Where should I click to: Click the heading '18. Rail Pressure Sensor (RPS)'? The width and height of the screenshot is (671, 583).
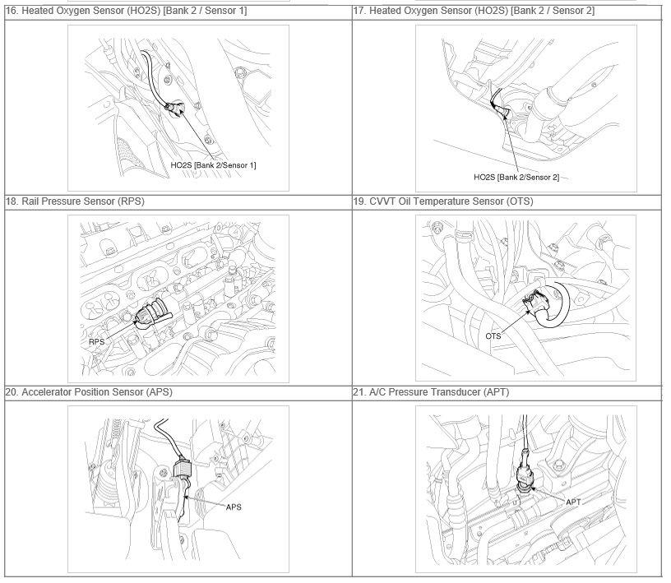coord(75,202)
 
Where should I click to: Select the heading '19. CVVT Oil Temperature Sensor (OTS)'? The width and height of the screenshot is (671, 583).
coord(443,202)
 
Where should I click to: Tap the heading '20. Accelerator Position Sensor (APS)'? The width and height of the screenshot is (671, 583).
coord(89,393)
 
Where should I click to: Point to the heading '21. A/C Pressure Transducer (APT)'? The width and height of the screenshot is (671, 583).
coord(431,393)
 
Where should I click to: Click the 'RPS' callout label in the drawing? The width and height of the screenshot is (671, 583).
coord(97,342)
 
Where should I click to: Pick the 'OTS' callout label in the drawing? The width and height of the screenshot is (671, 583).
coord(493,337)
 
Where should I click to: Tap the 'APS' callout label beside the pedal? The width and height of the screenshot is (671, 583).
coord(234,508)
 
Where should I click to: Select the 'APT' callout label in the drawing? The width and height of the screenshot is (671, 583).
coord(573,502)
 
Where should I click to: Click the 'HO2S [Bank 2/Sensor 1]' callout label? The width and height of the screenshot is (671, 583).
coord(213,166)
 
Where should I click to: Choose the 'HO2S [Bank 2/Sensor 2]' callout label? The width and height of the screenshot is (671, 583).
coord(516,178)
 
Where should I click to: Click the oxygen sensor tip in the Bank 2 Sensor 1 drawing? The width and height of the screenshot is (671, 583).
coord(175,109)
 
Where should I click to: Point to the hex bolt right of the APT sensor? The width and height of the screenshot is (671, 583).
coord(558,465)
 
